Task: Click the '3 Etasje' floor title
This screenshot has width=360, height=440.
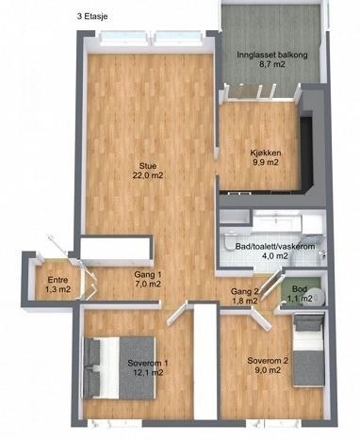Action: [x=92, y=16]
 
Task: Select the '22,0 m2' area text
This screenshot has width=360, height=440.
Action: [x=148, y=175]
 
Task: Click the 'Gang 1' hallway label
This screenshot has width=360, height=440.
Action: [x=148, y=273]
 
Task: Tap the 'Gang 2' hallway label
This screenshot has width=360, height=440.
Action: [x=245, y=290]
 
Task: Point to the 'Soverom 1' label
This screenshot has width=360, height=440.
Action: [x=147, y=362]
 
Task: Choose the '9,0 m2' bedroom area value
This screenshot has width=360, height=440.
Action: [x=265, y=371]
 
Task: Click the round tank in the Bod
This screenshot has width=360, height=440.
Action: [x=318, y=296]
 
